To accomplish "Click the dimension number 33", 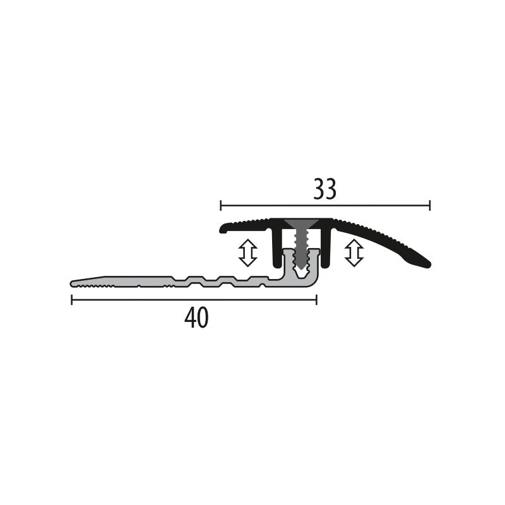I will point(324,189).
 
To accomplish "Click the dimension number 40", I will point(196,319).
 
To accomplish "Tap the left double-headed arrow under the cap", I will point(247,252).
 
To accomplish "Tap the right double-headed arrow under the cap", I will point(354,252).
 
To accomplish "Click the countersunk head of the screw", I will point(302,225).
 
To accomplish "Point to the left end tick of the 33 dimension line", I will point(221,205).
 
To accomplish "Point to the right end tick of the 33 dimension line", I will point(430,205).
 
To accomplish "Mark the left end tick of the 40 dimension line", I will point(71,300).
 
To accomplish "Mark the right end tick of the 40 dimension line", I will point(316,300).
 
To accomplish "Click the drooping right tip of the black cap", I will point(425,263).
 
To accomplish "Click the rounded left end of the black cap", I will point(223,229).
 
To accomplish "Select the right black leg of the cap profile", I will point(326,248).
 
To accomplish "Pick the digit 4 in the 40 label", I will point(189,319).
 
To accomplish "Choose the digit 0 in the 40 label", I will point(202,319).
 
